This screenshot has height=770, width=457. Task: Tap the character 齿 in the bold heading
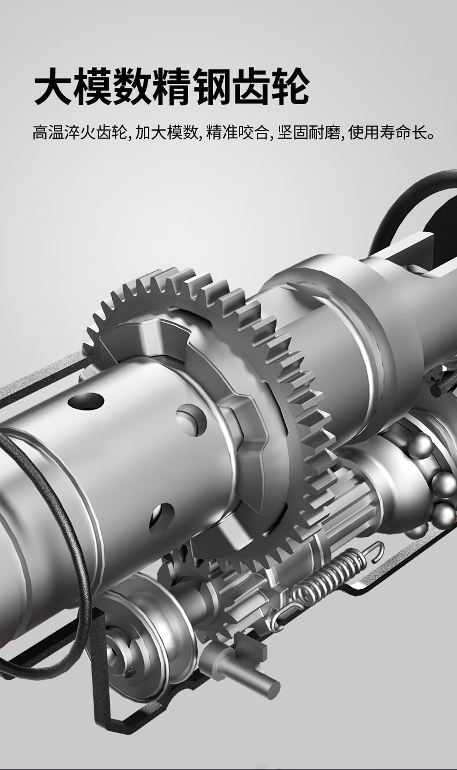click(x=250, y=86)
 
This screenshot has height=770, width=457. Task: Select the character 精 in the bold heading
click(x=171, y=86)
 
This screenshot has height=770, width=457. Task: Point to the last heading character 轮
click(x=290, y=86)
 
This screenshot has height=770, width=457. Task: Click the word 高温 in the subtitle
click(x=48, y=132)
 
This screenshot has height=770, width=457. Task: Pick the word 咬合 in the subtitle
click(x=252, y=132)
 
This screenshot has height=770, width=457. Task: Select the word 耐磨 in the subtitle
click(x=324, y=132)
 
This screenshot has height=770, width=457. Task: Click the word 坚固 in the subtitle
click(x=293, y=132)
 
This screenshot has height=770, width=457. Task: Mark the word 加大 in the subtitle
click(x=150, y=132)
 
